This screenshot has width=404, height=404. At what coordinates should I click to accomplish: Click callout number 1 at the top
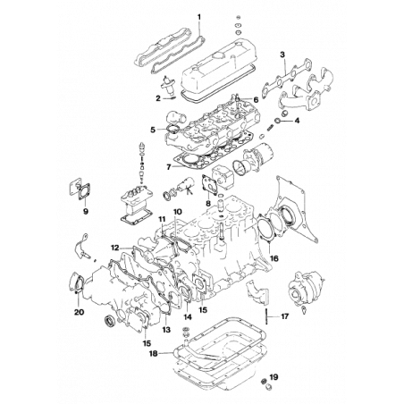201,16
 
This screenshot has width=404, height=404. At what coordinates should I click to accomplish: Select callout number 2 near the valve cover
157,97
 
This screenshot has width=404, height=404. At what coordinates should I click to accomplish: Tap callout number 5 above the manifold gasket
282,55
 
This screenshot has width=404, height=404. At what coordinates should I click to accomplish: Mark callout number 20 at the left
79,314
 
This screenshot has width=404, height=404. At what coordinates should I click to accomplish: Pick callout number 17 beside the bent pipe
287,316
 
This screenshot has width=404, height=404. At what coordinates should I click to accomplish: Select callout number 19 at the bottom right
275,377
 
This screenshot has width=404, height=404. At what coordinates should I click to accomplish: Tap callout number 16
146,342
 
